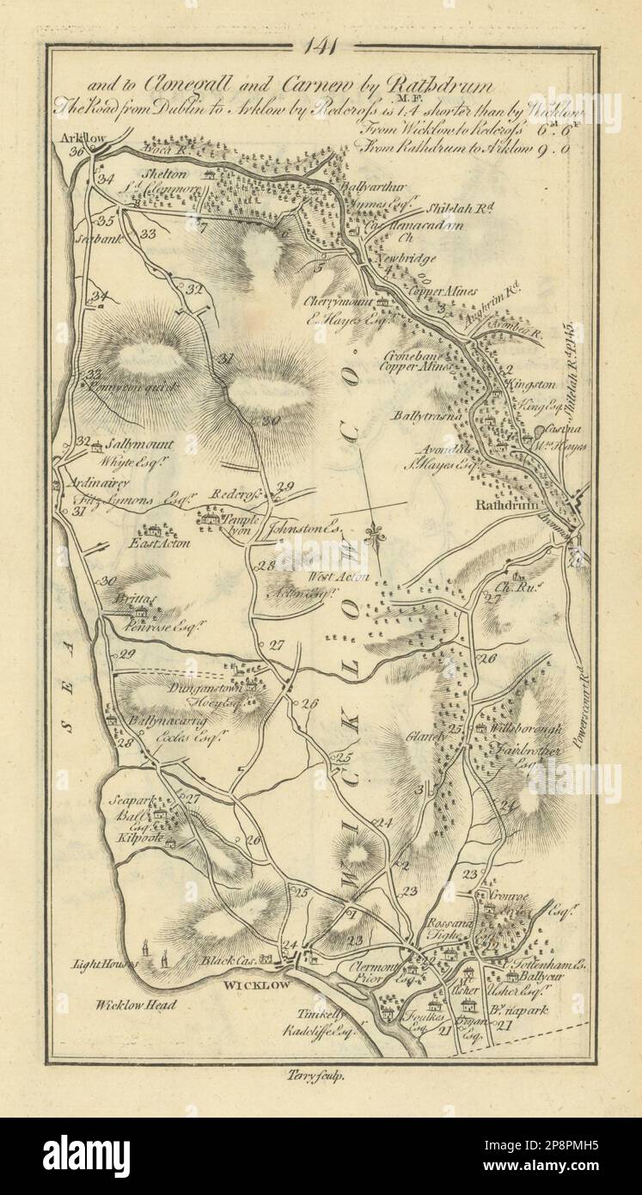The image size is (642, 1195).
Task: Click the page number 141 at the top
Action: tap(321, 49)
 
